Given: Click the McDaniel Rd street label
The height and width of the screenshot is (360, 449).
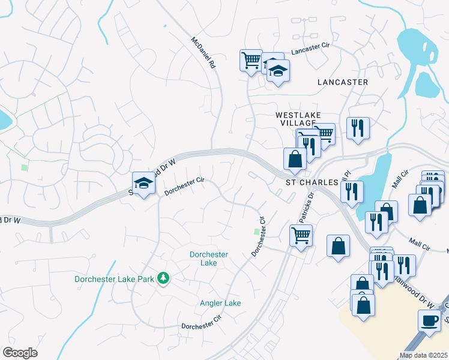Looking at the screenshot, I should point(203,54).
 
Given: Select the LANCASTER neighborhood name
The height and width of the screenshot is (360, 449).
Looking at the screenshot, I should point(342,82).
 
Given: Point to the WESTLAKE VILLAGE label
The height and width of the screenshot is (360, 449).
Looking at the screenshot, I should point(298,119).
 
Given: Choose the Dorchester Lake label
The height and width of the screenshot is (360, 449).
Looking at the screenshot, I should point(208,259).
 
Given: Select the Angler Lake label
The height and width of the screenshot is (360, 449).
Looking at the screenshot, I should point(220,303).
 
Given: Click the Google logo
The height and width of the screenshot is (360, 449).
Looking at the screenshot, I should point(20,353).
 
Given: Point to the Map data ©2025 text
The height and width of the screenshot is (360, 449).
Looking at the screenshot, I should point(424,355).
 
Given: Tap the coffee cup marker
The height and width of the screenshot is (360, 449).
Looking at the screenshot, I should point(429,320).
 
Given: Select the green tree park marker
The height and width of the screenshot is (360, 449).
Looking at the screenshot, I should point(163,278).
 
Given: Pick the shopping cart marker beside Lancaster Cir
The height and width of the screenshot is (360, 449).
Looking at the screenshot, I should point(251,59).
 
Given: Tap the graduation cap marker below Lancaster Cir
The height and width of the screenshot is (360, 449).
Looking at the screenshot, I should point(278,71).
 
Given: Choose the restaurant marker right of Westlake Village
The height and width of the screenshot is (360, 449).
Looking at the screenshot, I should point(358,128).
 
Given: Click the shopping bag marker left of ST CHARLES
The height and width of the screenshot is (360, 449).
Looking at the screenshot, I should point(295,159).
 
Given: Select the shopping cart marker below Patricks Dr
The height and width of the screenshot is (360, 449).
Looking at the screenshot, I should point(301,235).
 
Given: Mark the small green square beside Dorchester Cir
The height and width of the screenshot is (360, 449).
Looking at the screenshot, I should point(257,232).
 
